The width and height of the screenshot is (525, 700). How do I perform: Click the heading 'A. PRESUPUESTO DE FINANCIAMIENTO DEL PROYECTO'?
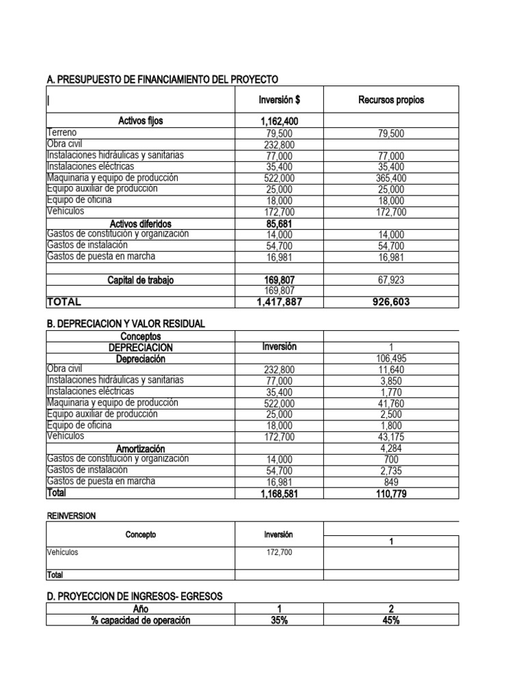163,80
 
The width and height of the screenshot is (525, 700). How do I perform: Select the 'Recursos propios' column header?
390,100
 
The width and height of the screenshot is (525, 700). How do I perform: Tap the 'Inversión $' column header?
279,100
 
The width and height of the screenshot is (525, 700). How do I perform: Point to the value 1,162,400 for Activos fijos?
279,122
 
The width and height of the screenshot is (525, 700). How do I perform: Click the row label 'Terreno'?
63,133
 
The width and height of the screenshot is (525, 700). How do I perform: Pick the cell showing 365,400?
390,178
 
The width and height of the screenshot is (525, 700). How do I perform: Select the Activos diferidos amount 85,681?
279,224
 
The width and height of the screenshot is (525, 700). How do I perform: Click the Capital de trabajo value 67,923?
390,280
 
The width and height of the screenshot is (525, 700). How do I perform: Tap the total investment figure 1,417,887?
279,301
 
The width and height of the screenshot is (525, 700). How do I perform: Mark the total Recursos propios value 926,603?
390,301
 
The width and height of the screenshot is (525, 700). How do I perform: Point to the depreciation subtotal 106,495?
390,359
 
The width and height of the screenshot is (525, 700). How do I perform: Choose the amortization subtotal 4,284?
390,448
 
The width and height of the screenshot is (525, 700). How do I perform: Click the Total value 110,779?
390,493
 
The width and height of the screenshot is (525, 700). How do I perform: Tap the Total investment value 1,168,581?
279,493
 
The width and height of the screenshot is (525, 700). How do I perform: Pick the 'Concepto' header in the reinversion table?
140,535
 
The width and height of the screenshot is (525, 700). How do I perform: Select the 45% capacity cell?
390,620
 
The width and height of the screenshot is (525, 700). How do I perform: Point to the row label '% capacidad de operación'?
140,620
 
